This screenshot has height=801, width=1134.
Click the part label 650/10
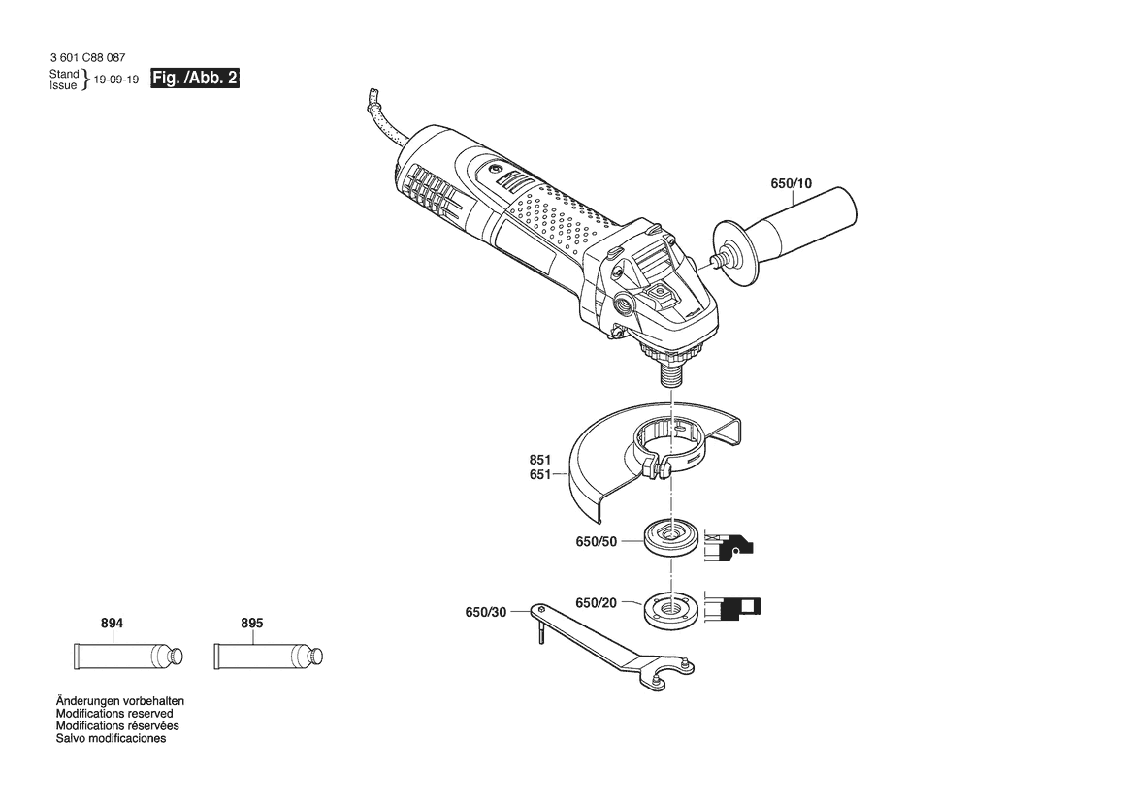click(x=791, y=183)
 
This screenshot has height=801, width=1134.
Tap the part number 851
click(x=539, y=460)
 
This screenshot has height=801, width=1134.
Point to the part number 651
click(x=539, y=475)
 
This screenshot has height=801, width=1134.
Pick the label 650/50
click(x=596, y=541)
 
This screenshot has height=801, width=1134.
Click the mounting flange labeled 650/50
click(x=670, y=538)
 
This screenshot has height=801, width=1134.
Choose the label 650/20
click(x=596, y=603)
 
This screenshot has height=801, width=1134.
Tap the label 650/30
click(x=485, y=612)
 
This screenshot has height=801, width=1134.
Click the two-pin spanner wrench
click(x=612, y=647)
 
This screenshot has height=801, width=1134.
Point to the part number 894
click(x=112, y=624)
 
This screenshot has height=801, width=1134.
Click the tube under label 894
click(x=128, y=657)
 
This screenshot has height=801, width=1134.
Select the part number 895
click(x=251, y=624)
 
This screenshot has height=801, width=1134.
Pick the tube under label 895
click(x=269, y=657)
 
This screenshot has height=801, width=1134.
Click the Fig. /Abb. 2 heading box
click(x=195, y=79)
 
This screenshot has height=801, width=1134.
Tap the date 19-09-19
click(x=115, y=80)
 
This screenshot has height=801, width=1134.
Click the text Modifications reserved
click(x=114, y=714)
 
